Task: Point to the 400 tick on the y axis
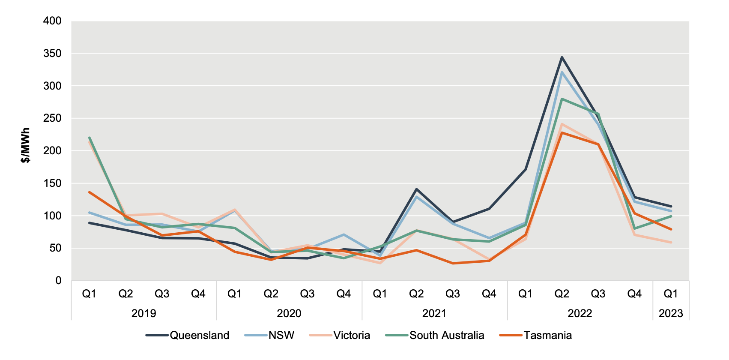coord(52,21)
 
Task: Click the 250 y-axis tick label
coord(52,118)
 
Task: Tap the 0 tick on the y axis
coord(58,281)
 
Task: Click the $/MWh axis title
coord(26,145)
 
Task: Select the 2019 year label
coord(143,313)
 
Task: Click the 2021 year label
coord(434,313)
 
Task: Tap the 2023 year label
coord(670,313)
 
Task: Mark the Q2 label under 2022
coord(562,294)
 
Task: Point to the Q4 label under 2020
coord(344,294)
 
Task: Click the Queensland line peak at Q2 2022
coord(562,57)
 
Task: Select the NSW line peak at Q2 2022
coord(562,72)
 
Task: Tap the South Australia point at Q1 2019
coord(90,138)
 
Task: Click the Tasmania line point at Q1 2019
coord(90,192)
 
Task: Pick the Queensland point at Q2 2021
coord(416,189)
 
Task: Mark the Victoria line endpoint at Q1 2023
coord(671,243)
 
